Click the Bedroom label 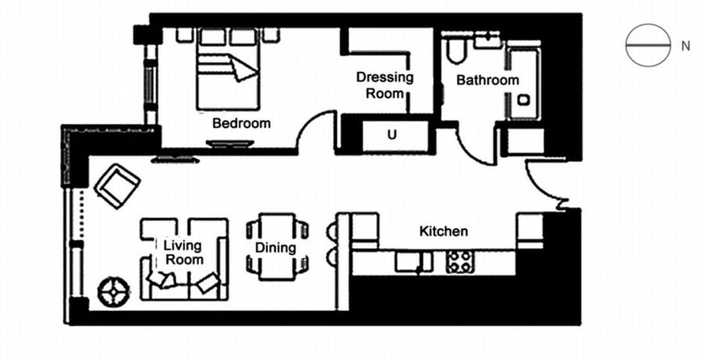click(x=241, y=123)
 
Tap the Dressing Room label click(x=384, y=85)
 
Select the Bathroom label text click(x=487, y=80)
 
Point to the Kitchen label click(x=444, y=231)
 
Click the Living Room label click(x=184, y=253)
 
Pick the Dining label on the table click(x=275, y=248)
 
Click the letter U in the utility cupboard click(x=392, y=134)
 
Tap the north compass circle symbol click(x=648, y=45)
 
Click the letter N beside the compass click(x=685, y=46)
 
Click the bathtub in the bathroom click(x=523, y=82)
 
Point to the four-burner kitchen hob click(x=458, y=262)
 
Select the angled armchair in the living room click(x=117, y=185)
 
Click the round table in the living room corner click(x=113, y=292)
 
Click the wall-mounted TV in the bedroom click(x=230, y=144)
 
